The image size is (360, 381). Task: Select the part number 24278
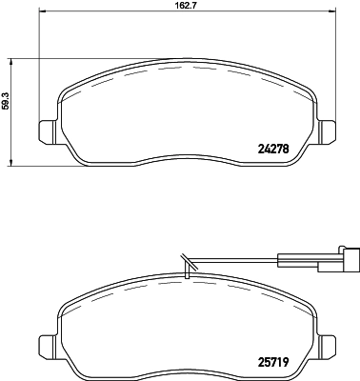pyautogui.click(x=273, y=149)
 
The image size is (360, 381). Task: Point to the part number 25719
pyautogui.click(x=273, y=362)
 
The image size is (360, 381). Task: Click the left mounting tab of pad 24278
pyautogui.click(x=48, y=130)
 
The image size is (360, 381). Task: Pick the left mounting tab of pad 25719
pyautogui.click(x=48, y=346)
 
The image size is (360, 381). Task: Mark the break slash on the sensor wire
pyautogui.click(x=188, y=262)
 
